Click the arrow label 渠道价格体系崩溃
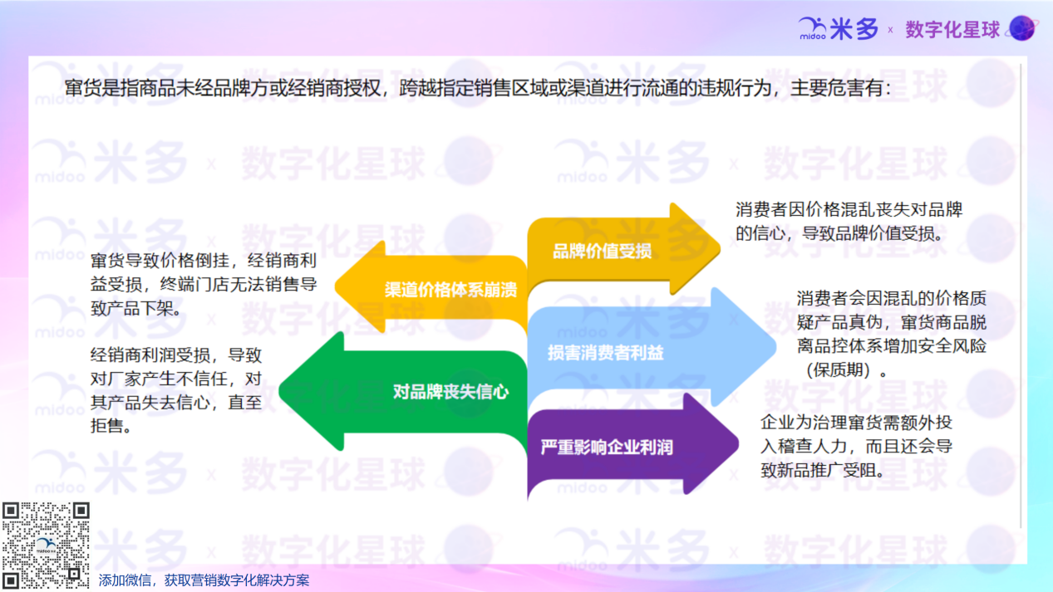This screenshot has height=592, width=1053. (450, 290)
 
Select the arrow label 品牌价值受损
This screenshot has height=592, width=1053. (603, 252)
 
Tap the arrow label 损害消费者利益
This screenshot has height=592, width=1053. (605, 353)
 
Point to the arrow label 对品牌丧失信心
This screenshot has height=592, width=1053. (450, 392)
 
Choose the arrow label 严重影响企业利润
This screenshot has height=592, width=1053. (607, 448)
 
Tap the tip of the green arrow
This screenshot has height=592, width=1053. (282, 390)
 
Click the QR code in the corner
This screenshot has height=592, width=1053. (46, 545)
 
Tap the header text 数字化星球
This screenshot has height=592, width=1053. (952, 30)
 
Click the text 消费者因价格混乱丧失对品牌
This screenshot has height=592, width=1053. (849, 210)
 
